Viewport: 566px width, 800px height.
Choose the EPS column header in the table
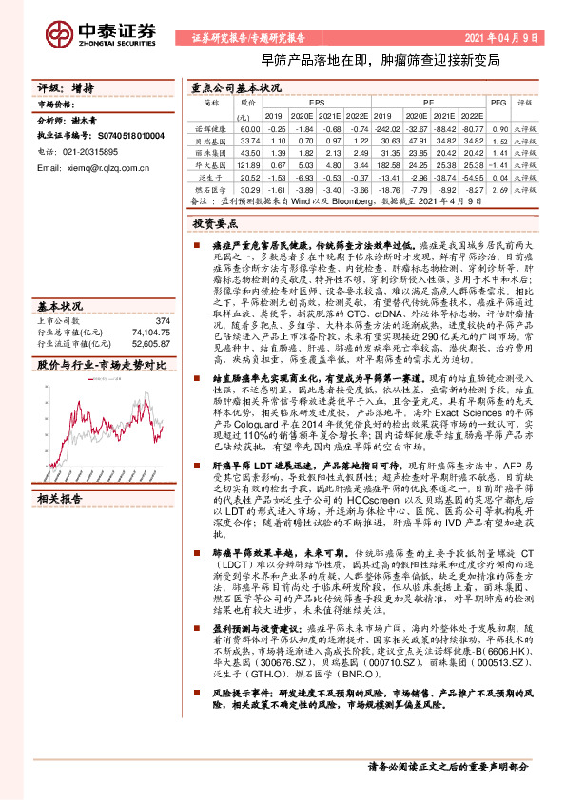point(317,102)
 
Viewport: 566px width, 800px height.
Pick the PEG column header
point(498,102)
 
